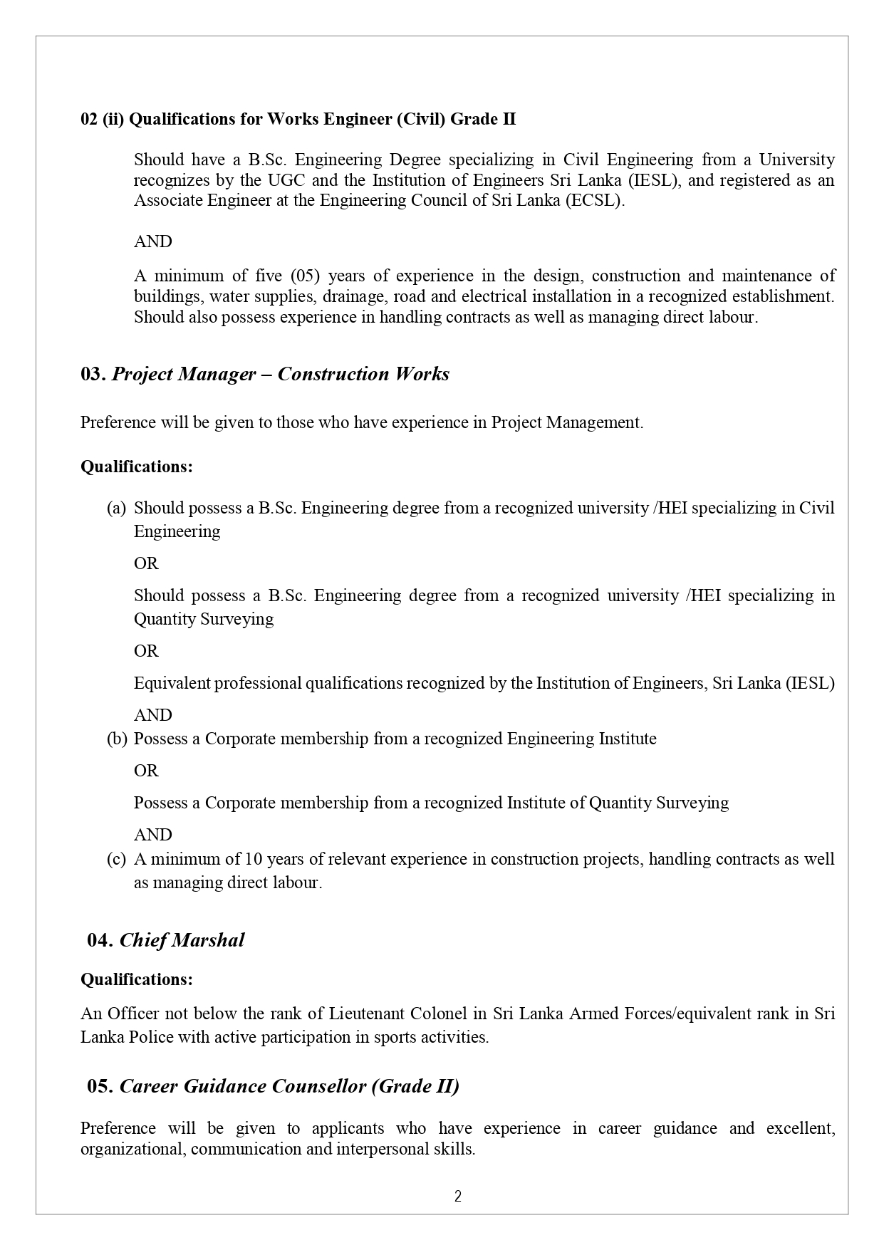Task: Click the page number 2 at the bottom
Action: [x=458, y=1197]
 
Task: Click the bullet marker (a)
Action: [x=116, y=508]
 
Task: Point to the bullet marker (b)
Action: [x=116, y=739]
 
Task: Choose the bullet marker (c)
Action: [x=116, y=859]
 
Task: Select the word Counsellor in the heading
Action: [x=308, y=1086]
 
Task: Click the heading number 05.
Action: [x=100, y=1086]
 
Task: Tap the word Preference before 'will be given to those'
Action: [x=118, y=422]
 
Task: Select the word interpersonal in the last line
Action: [x=382, y=1149]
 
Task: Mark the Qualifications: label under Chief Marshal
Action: [x=136, y=979]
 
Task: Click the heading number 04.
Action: [x=100, y=940]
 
